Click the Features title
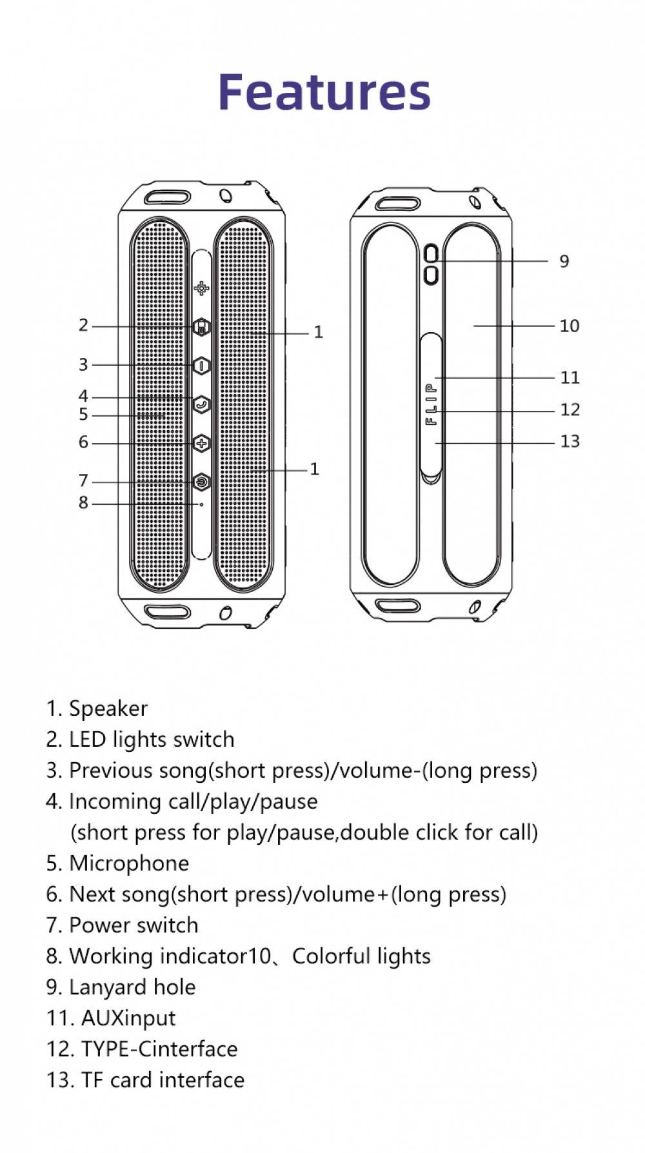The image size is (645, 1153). [x=324, y=92]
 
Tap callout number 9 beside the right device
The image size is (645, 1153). [x=564, y=261]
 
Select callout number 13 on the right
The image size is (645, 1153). [x=570, y=442]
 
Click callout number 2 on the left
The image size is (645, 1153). [x=83, y=325]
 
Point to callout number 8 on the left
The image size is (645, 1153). [x=83, y=502]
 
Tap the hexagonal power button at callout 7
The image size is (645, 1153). [x=202, y=481]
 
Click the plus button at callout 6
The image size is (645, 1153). [x=202, y=443]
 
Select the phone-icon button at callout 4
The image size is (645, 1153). [x=202, y=404]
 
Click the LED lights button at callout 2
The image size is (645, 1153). [x=202, y=327]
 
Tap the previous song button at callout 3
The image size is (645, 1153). [x=202, y=365]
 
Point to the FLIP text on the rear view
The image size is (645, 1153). [x=432, y=404]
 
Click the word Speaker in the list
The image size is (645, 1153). [x=108, y=709]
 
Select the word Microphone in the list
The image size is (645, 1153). [x=129, y=863]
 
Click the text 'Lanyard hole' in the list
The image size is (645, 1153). [x=132, y=987]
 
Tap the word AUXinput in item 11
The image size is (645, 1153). [x=128, y=1018]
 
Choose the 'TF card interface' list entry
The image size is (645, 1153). [x=163, y=1080]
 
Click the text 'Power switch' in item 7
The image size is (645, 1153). [x=134, y=925]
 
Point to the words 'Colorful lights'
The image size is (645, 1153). [x=361, y=956]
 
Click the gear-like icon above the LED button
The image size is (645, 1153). [x=202, y=288]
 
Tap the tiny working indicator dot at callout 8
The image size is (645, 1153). [x=202, y=504]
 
